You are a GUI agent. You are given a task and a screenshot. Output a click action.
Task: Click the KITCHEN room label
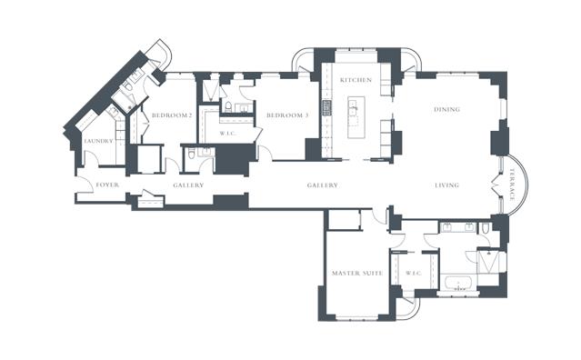tap(356, 80)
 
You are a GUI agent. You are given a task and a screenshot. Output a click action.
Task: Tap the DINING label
tap(446, 109)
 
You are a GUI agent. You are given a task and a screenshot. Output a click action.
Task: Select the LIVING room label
tap(446, 185)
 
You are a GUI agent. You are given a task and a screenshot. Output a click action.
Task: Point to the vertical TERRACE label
tap(512, 185)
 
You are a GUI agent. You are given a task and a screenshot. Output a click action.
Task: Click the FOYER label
tap(107, 185)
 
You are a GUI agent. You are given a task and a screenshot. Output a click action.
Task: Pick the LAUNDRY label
tap(98, 141)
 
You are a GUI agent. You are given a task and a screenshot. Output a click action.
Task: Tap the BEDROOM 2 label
tap(172, 115)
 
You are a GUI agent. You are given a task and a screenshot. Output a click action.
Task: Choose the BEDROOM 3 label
tap(287, 115)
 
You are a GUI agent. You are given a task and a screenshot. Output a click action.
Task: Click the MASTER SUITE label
tap(357, 274)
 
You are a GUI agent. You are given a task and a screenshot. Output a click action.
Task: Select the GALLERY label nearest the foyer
tap(188, 185)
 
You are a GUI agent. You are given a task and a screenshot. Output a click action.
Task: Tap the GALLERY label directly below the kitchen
tap(323, 185)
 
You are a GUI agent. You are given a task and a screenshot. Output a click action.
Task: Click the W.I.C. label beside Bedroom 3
tap(227, 134)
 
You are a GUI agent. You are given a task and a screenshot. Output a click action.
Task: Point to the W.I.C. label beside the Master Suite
tap(414, 274)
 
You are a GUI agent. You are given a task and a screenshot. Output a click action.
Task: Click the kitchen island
tap(356, 117)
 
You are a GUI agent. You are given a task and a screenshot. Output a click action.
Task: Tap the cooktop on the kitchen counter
tap(326, 108)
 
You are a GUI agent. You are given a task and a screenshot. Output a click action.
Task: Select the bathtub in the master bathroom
tap(458, 284)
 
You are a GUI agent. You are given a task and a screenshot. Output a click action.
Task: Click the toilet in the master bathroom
tap(486, 228)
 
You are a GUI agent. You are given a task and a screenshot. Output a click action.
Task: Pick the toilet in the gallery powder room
tap(191, 154)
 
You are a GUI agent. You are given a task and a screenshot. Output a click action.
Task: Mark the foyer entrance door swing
tap(85, 185)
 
